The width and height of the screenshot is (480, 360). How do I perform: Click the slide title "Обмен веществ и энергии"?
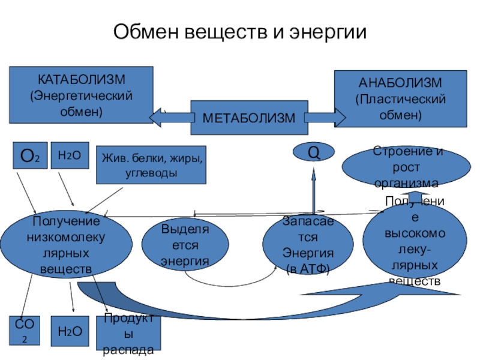[x=239, y=31]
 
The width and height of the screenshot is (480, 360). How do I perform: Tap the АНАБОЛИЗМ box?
[x=400, y=98]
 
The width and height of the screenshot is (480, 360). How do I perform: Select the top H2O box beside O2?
[x=69, y=155]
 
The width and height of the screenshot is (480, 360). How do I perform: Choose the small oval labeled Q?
[x=313, y=152]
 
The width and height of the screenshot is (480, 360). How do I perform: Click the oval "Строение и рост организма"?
[x=406, y=167]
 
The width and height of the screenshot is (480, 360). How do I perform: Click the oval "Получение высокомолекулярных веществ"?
[x=414, y=243]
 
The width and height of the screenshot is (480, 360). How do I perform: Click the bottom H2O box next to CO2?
[x=69, y=331]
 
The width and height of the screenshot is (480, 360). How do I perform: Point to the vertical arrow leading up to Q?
[x=313, y=192]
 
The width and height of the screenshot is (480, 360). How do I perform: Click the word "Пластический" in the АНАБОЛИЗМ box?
[x=400, y=98]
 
